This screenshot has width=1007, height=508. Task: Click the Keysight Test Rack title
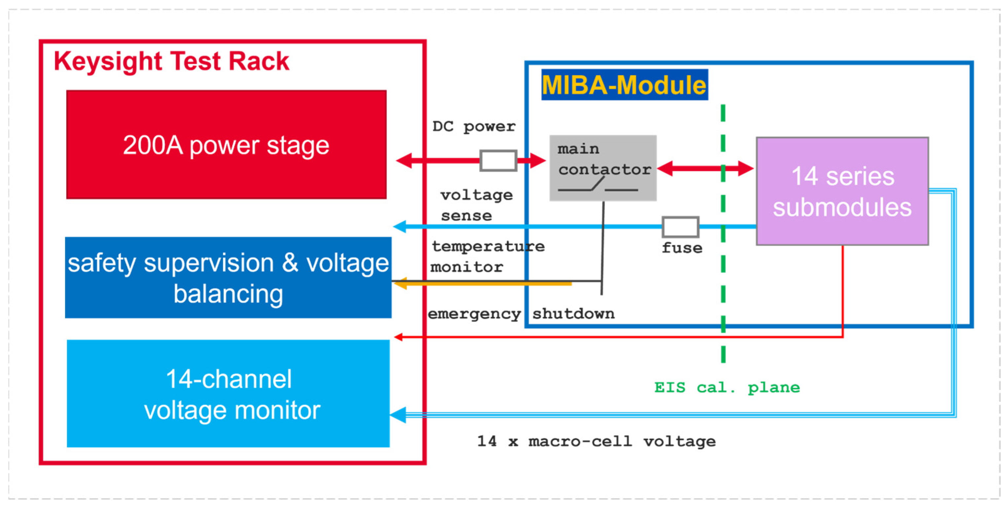click(171, 61)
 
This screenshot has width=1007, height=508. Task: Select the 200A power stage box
click(226, 145)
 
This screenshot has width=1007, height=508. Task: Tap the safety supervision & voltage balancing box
click(228, 278)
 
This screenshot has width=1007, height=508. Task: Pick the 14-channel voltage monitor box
click(228, 394)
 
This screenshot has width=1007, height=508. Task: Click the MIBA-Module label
click(624, 85)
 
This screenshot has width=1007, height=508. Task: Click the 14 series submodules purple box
click(843, 191)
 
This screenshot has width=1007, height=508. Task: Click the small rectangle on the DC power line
click(498, 160)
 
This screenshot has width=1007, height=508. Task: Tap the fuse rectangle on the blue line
click(680, 227)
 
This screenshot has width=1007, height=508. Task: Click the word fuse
click(682, 248)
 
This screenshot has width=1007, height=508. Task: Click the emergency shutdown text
click(521, 314)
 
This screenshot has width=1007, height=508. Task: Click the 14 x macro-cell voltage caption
click(596, 442)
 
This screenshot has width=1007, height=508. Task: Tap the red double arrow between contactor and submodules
click(705, 168)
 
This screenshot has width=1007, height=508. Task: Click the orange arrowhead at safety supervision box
click(400, 283)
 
